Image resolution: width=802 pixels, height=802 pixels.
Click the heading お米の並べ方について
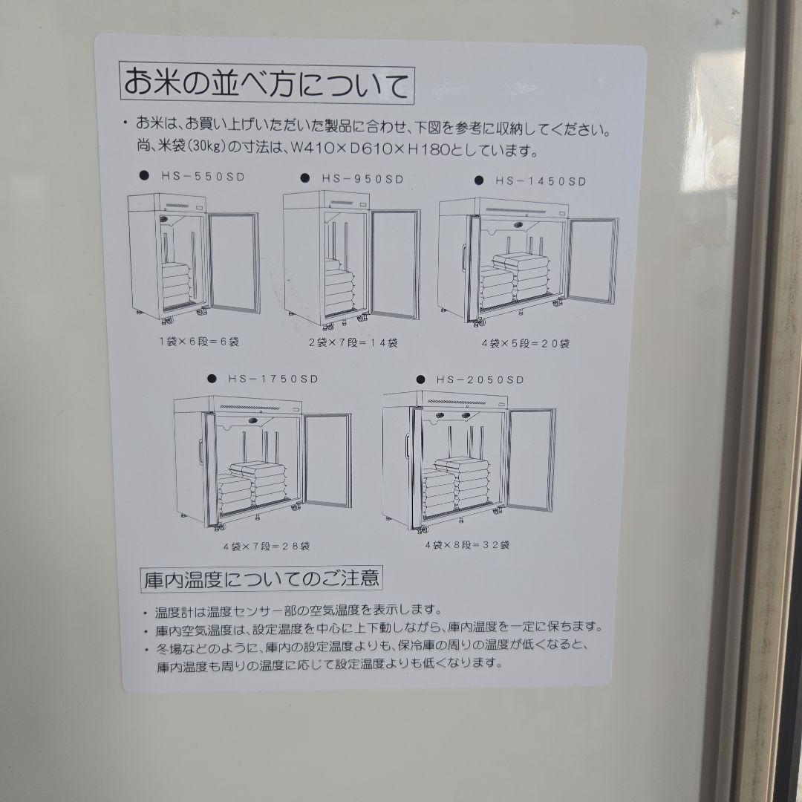(x=265, y=83)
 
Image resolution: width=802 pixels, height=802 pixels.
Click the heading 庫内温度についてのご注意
(x=262, y=578)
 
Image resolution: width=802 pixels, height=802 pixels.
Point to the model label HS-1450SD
(x=541, y=180)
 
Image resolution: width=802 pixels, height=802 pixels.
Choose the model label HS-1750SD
(x=272, y=378)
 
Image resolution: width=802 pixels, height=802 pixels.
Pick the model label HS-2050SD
(x=480, y=379)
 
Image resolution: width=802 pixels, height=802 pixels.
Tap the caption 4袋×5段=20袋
(x=525, y=343)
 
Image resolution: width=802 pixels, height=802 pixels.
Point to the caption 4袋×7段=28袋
(x=266, y=546)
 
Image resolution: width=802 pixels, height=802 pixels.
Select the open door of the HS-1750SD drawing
(x=327, y=462)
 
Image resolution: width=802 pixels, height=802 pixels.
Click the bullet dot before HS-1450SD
(x=480, y=180)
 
